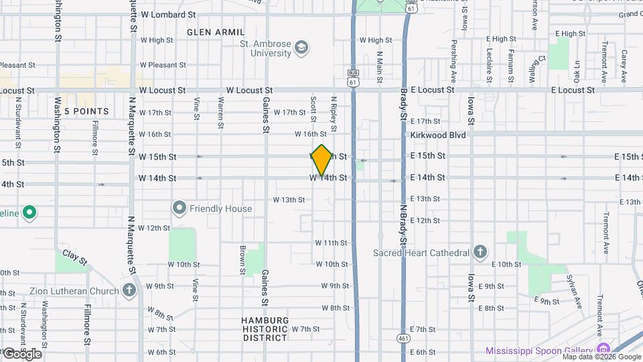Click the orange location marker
click(321, 160)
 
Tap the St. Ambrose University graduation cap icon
click(301, 47)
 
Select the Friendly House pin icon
click(179, 208)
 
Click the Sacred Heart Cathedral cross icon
click(480, 252)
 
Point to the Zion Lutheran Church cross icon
click(130, 291)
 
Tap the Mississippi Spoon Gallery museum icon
click(603, 350)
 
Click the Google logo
click(21, 353)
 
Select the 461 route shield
click(402, 338)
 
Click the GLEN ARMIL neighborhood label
click(211, 32)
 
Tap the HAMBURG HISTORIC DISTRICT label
click(265, 329)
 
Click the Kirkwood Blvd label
click(439, 134)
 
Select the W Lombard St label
click(168, 14)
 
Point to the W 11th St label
click(332, 243)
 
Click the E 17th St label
click(425, 121)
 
